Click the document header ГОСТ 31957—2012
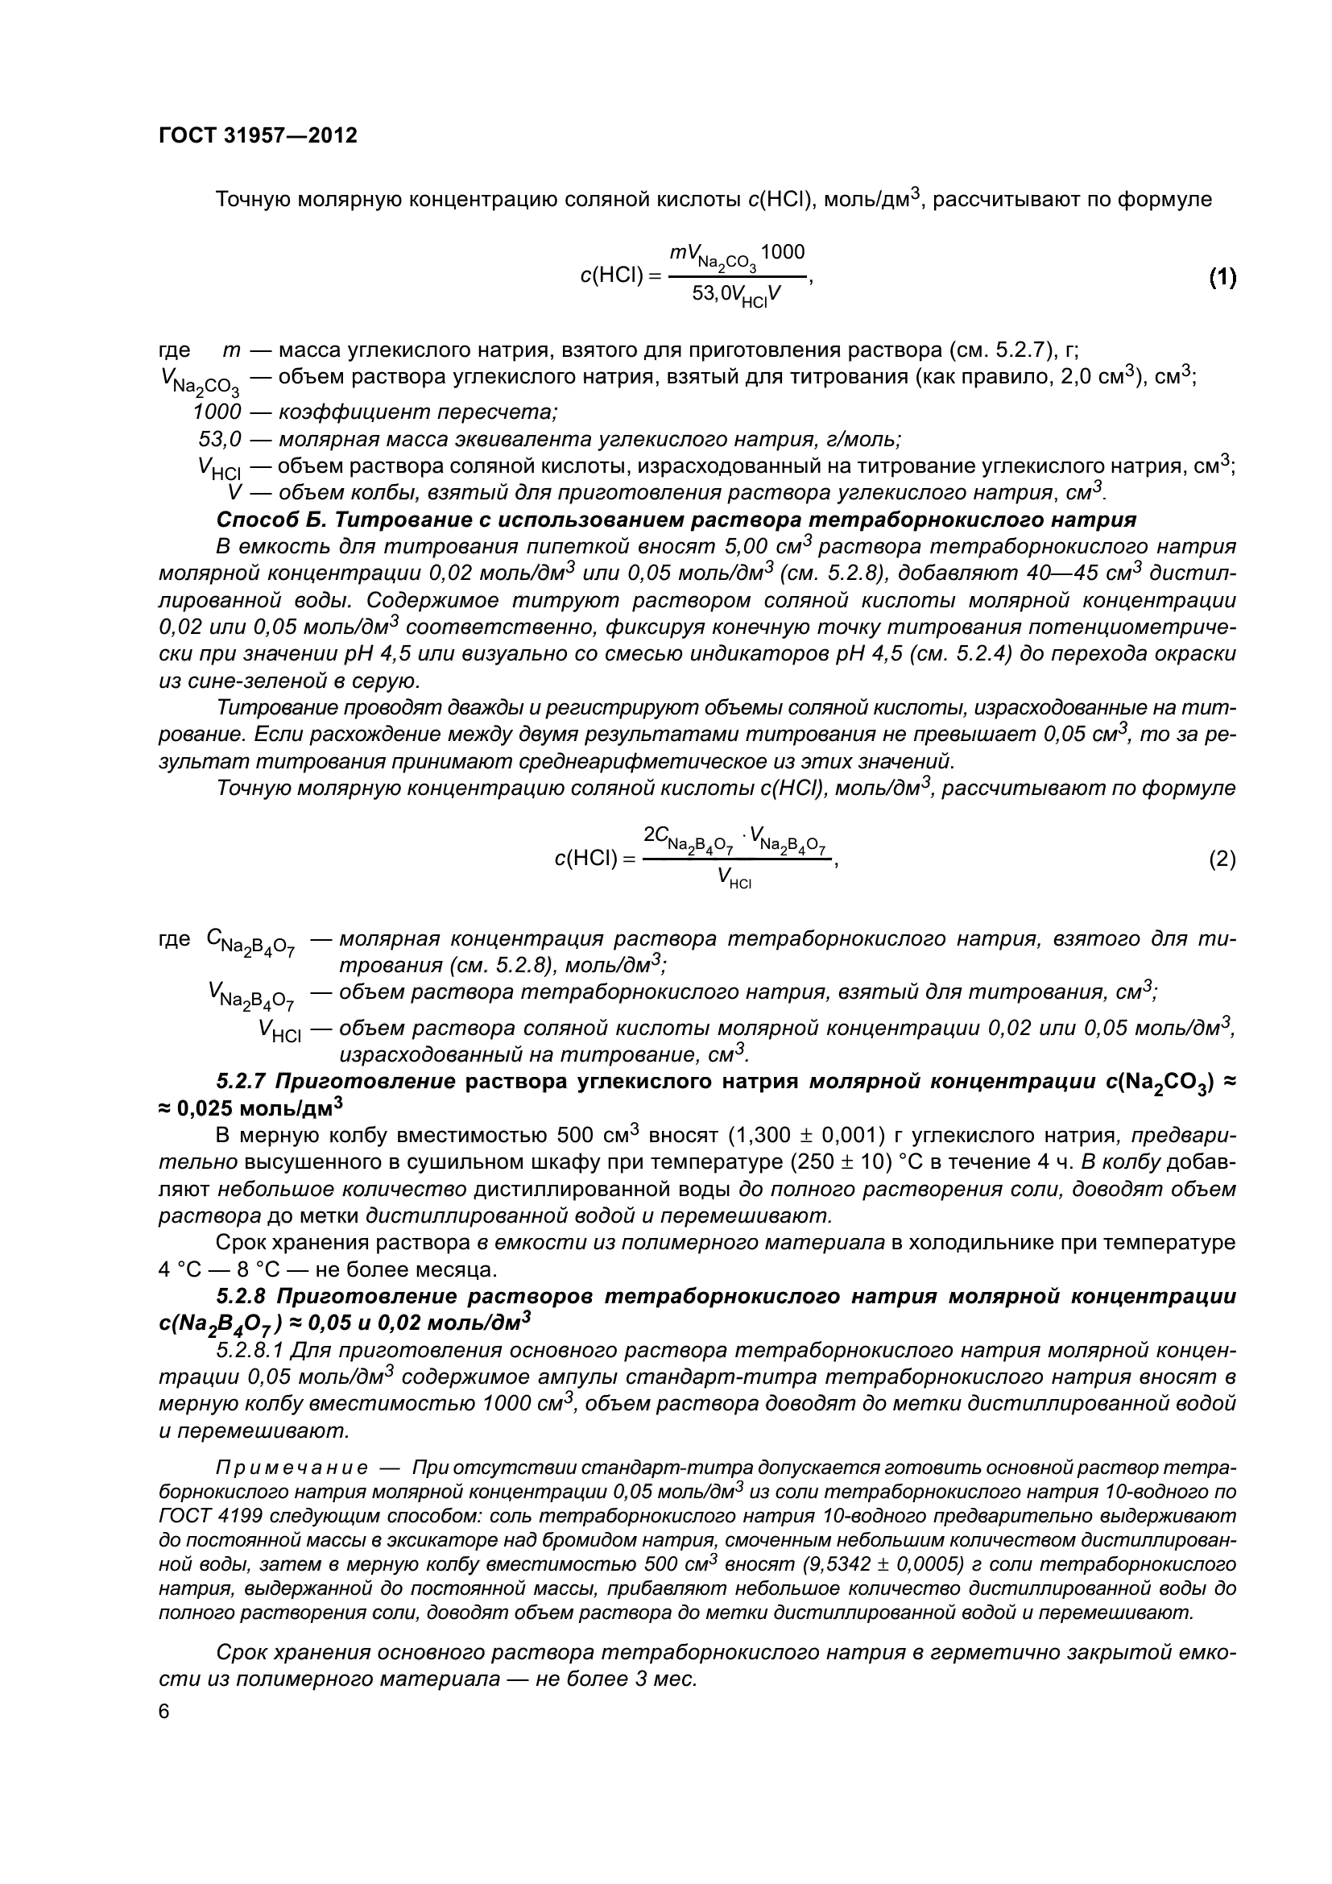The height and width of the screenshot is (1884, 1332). click(258, 136)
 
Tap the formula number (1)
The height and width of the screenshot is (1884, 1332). click(1222, 278)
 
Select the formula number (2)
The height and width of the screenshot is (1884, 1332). click(1222, 859)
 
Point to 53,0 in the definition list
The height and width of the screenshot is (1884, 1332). click(220, 439)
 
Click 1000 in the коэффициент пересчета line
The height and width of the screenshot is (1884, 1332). click(217, 411)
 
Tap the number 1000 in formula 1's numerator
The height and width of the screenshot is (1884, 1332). click(783, 252)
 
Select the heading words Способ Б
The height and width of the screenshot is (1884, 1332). click(271, 520)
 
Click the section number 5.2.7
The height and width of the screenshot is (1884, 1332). click(242, 1081)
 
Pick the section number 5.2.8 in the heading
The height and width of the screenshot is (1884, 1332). click(242, 1297)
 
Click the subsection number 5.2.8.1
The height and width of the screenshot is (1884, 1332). click(250, 1350)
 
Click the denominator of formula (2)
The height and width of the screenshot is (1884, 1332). click(735, 878)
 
